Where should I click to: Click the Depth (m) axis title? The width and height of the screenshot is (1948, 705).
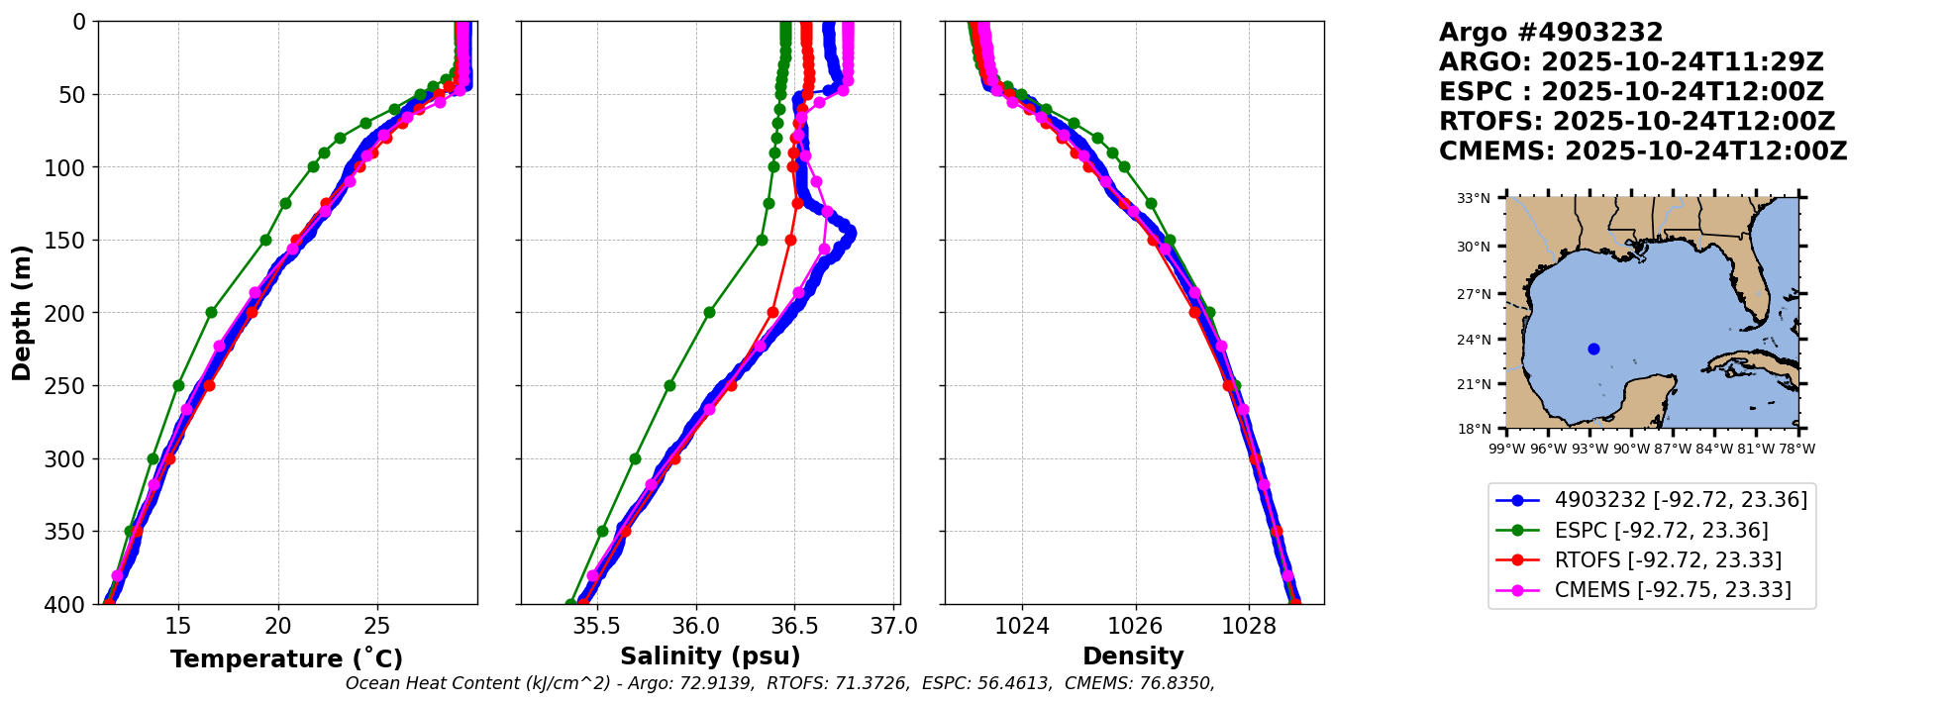pyautogui.click(x=22, y=312)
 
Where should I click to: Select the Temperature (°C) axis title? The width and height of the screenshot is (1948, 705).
pyautogui.click(x=286, y=659)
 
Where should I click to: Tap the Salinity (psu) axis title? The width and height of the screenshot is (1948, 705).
pyautogui.click(x=710, y=656)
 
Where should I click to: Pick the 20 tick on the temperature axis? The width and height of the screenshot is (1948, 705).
pyautogui.click(x=278, y=627)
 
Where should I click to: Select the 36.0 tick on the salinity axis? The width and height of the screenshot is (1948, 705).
pyautogui.click(x=695, y=627)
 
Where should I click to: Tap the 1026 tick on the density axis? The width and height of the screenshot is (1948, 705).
pyautogui.click(x=1135, y=627)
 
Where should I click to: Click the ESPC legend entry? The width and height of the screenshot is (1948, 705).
pyautogui.click(x=1661, y=531)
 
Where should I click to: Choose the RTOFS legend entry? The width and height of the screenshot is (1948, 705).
pyautogui.click(x=1668, y=560)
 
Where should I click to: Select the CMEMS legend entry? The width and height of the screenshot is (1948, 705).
pyautogui.click(x=1673, y=590)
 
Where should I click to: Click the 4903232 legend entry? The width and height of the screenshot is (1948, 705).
pyautogui.click(x=1681, y=500)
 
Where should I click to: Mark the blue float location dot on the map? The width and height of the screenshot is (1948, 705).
pyautogui.click(x=1593, y=349)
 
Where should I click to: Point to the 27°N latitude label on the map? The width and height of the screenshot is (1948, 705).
pyautogui.click(x=1474, y=294)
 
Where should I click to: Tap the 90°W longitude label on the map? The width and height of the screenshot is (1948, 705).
pyautogui.click(x=1631, y=449)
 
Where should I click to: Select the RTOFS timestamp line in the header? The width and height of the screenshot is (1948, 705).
pyautogui.click(x=1637, y=122)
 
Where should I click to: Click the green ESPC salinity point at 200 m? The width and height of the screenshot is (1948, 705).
pyautogui.click(x=709, y=312)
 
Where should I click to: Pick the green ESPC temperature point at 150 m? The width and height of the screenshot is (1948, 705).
pyautogui.click(x=265, y=240)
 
